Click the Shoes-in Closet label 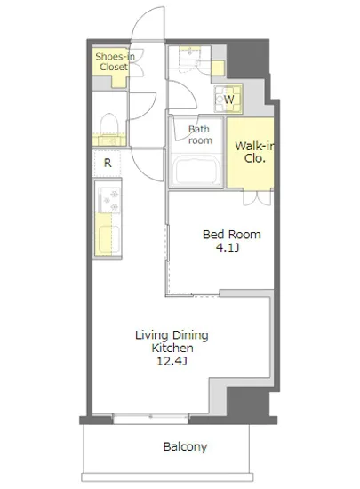115,61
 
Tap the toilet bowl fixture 109,125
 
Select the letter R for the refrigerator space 108,163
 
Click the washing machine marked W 228,99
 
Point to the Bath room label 200,135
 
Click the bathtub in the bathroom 196,171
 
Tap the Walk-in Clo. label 254,152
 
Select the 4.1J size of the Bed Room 228,248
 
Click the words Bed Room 232,235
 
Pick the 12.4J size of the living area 172,361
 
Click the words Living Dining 172,335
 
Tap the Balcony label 185,446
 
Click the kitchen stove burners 109,200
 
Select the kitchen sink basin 108,239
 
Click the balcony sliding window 150,419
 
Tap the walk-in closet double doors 257,197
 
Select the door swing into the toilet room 142,106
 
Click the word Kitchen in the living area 172,348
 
